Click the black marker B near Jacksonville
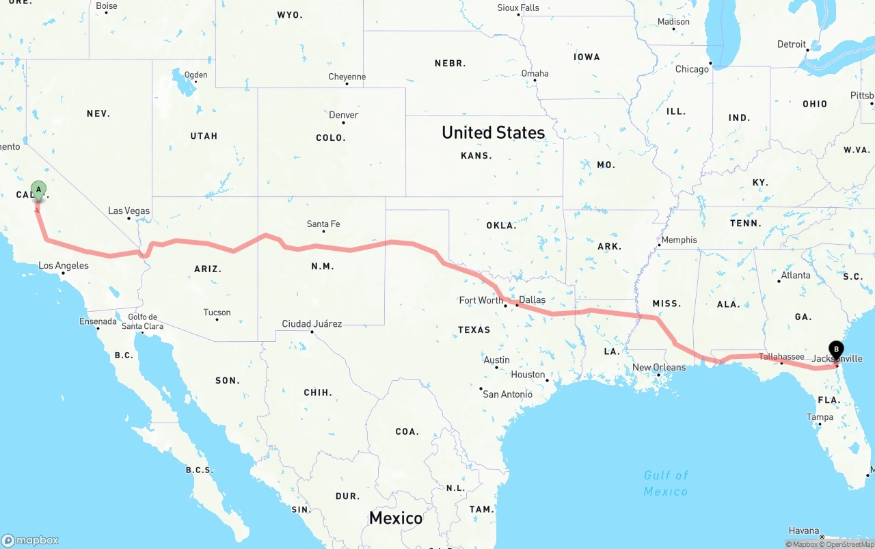836,349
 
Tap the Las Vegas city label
129,211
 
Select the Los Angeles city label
64,265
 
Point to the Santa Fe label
323,224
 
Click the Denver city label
344,115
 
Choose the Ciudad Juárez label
312,323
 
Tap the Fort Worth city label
481,300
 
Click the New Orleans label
659,367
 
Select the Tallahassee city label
781,356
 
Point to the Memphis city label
679,239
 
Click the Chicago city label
692,69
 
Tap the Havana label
803,531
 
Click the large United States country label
493,133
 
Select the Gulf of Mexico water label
666,483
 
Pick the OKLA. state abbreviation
502,225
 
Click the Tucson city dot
217,320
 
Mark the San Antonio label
507,394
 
